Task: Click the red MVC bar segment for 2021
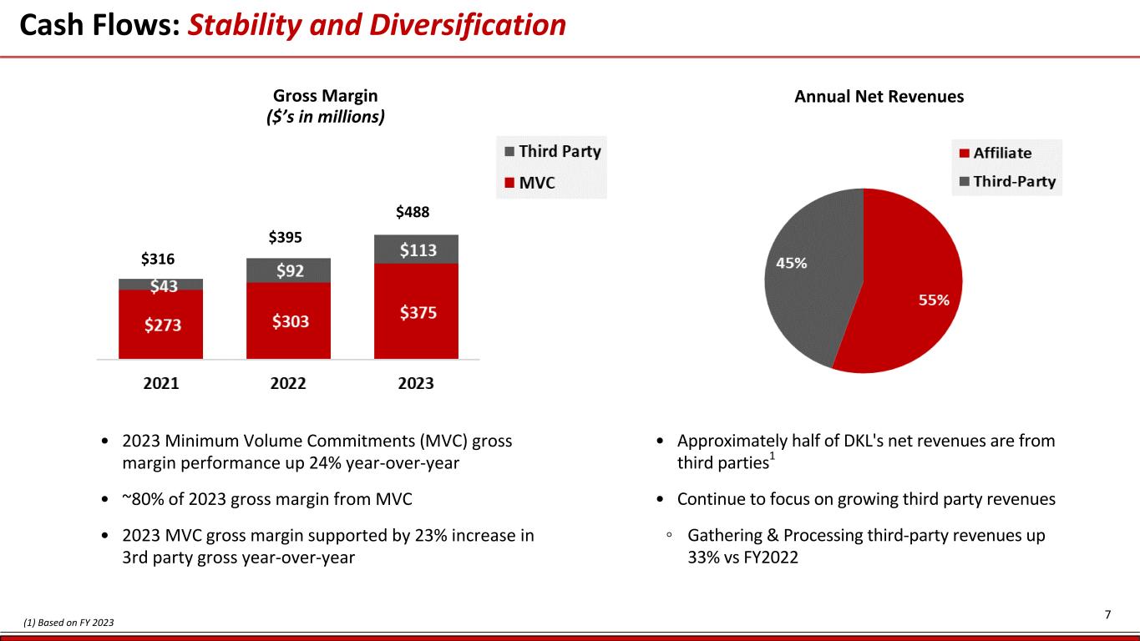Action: pos(160,325)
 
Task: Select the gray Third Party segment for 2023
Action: pos(416,250)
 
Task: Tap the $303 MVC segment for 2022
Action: pos(288,320)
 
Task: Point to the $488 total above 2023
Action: pos(413,212)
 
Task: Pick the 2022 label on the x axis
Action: pos(288,384)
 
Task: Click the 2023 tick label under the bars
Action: pos(416,384)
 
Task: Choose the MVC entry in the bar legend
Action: pos(537,182)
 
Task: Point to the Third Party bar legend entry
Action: pos(559,152)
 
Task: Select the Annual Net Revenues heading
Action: pos(879,97)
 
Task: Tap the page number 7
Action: pos(1107,615)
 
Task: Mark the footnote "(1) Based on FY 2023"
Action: pos(68,623)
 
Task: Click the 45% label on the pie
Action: pos(792,263)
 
